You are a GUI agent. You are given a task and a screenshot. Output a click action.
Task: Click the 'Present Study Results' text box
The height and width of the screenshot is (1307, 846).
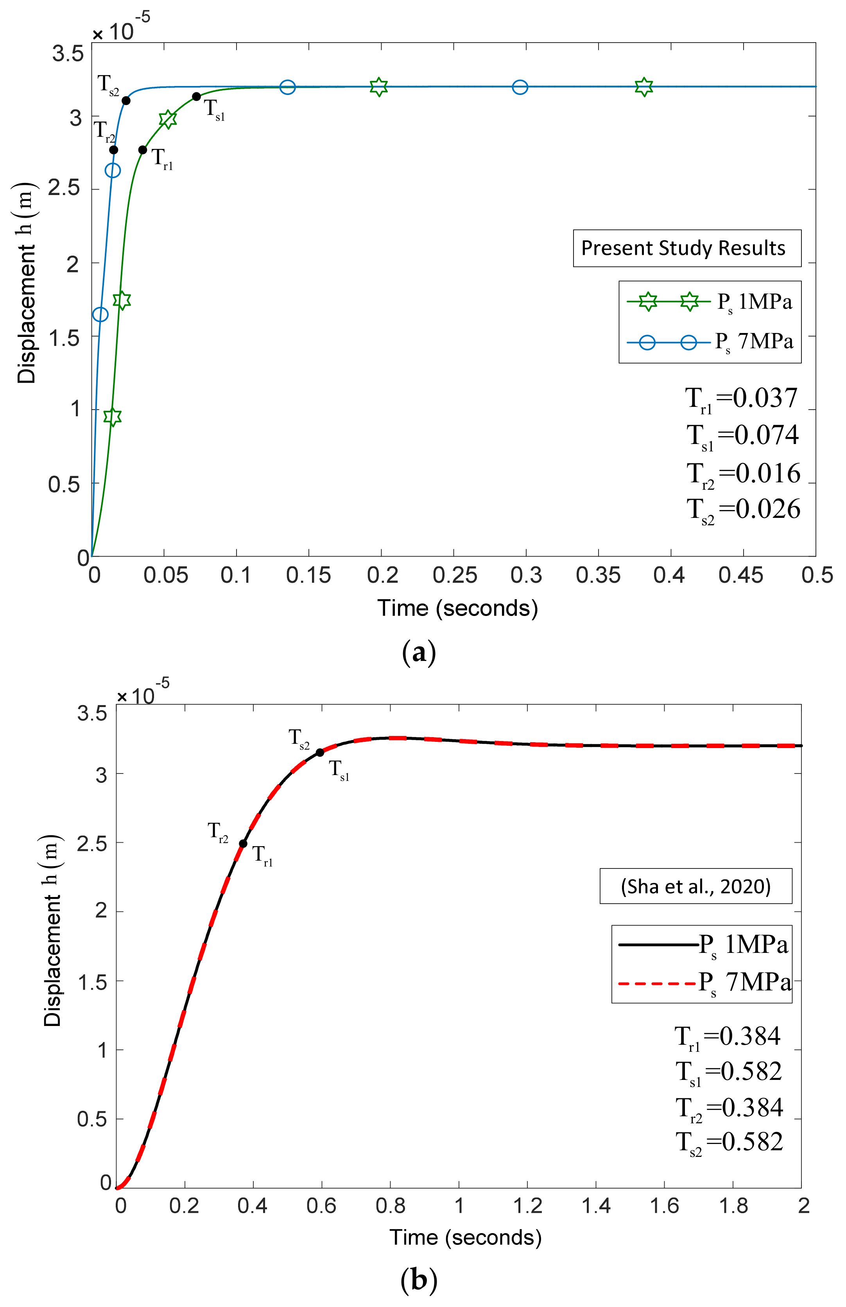click(x=686, y=248)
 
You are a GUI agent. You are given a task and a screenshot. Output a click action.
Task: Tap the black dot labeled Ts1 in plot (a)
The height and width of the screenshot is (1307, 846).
click(x=197, y=97)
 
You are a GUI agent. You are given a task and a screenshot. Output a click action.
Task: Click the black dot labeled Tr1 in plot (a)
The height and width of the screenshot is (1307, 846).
click(x=143, y=150)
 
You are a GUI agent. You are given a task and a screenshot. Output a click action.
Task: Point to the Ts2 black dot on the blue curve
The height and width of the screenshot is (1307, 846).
click(x=126, y=100)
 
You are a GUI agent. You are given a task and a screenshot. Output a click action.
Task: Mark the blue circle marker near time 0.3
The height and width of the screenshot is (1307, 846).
click(x=520, y=87)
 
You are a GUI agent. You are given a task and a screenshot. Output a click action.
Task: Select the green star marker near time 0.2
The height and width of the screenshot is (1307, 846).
click(x=378, y=87)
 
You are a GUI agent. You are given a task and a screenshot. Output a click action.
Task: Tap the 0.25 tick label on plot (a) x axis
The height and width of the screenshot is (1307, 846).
click(x=454, y=575)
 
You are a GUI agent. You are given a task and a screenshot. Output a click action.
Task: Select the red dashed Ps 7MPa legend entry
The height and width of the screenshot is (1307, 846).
click(x=703, y=983)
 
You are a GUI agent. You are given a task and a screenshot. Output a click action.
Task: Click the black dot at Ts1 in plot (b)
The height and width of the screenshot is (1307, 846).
click(x=320, y=753)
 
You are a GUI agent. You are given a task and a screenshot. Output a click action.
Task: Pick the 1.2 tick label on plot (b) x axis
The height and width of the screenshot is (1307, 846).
click(x=527, y=1207)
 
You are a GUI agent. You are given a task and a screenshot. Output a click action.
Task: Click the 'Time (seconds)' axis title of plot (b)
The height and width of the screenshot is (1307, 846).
click(x=465, y=1238)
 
